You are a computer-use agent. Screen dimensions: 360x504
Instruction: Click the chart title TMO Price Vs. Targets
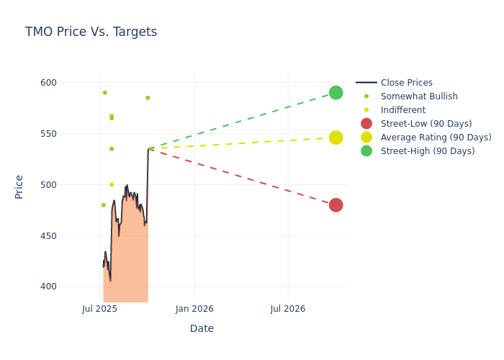[91, 32]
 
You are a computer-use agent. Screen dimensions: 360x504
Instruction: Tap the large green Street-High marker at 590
[336, 93]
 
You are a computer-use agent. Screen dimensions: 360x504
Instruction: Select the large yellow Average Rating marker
[336, 138]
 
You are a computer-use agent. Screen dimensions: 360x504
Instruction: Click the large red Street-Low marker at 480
[336, 205]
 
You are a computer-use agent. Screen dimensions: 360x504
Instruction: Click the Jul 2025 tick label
[100, 309]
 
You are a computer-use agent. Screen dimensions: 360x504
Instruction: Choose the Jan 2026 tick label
[194, 309]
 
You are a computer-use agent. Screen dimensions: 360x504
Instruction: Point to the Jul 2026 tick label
[288, 309]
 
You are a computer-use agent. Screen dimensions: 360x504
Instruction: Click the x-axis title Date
[202, 328]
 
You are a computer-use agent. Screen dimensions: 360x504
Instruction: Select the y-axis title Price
[19, 186]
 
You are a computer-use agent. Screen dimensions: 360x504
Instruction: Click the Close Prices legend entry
[406, 83]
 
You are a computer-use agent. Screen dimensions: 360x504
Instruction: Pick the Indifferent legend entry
[402, 110]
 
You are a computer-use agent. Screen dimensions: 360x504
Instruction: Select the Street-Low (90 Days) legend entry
[426, 124]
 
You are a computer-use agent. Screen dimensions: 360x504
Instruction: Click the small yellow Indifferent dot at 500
[112, 184]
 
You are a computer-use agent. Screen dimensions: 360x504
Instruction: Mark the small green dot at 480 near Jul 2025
[103, 205]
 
